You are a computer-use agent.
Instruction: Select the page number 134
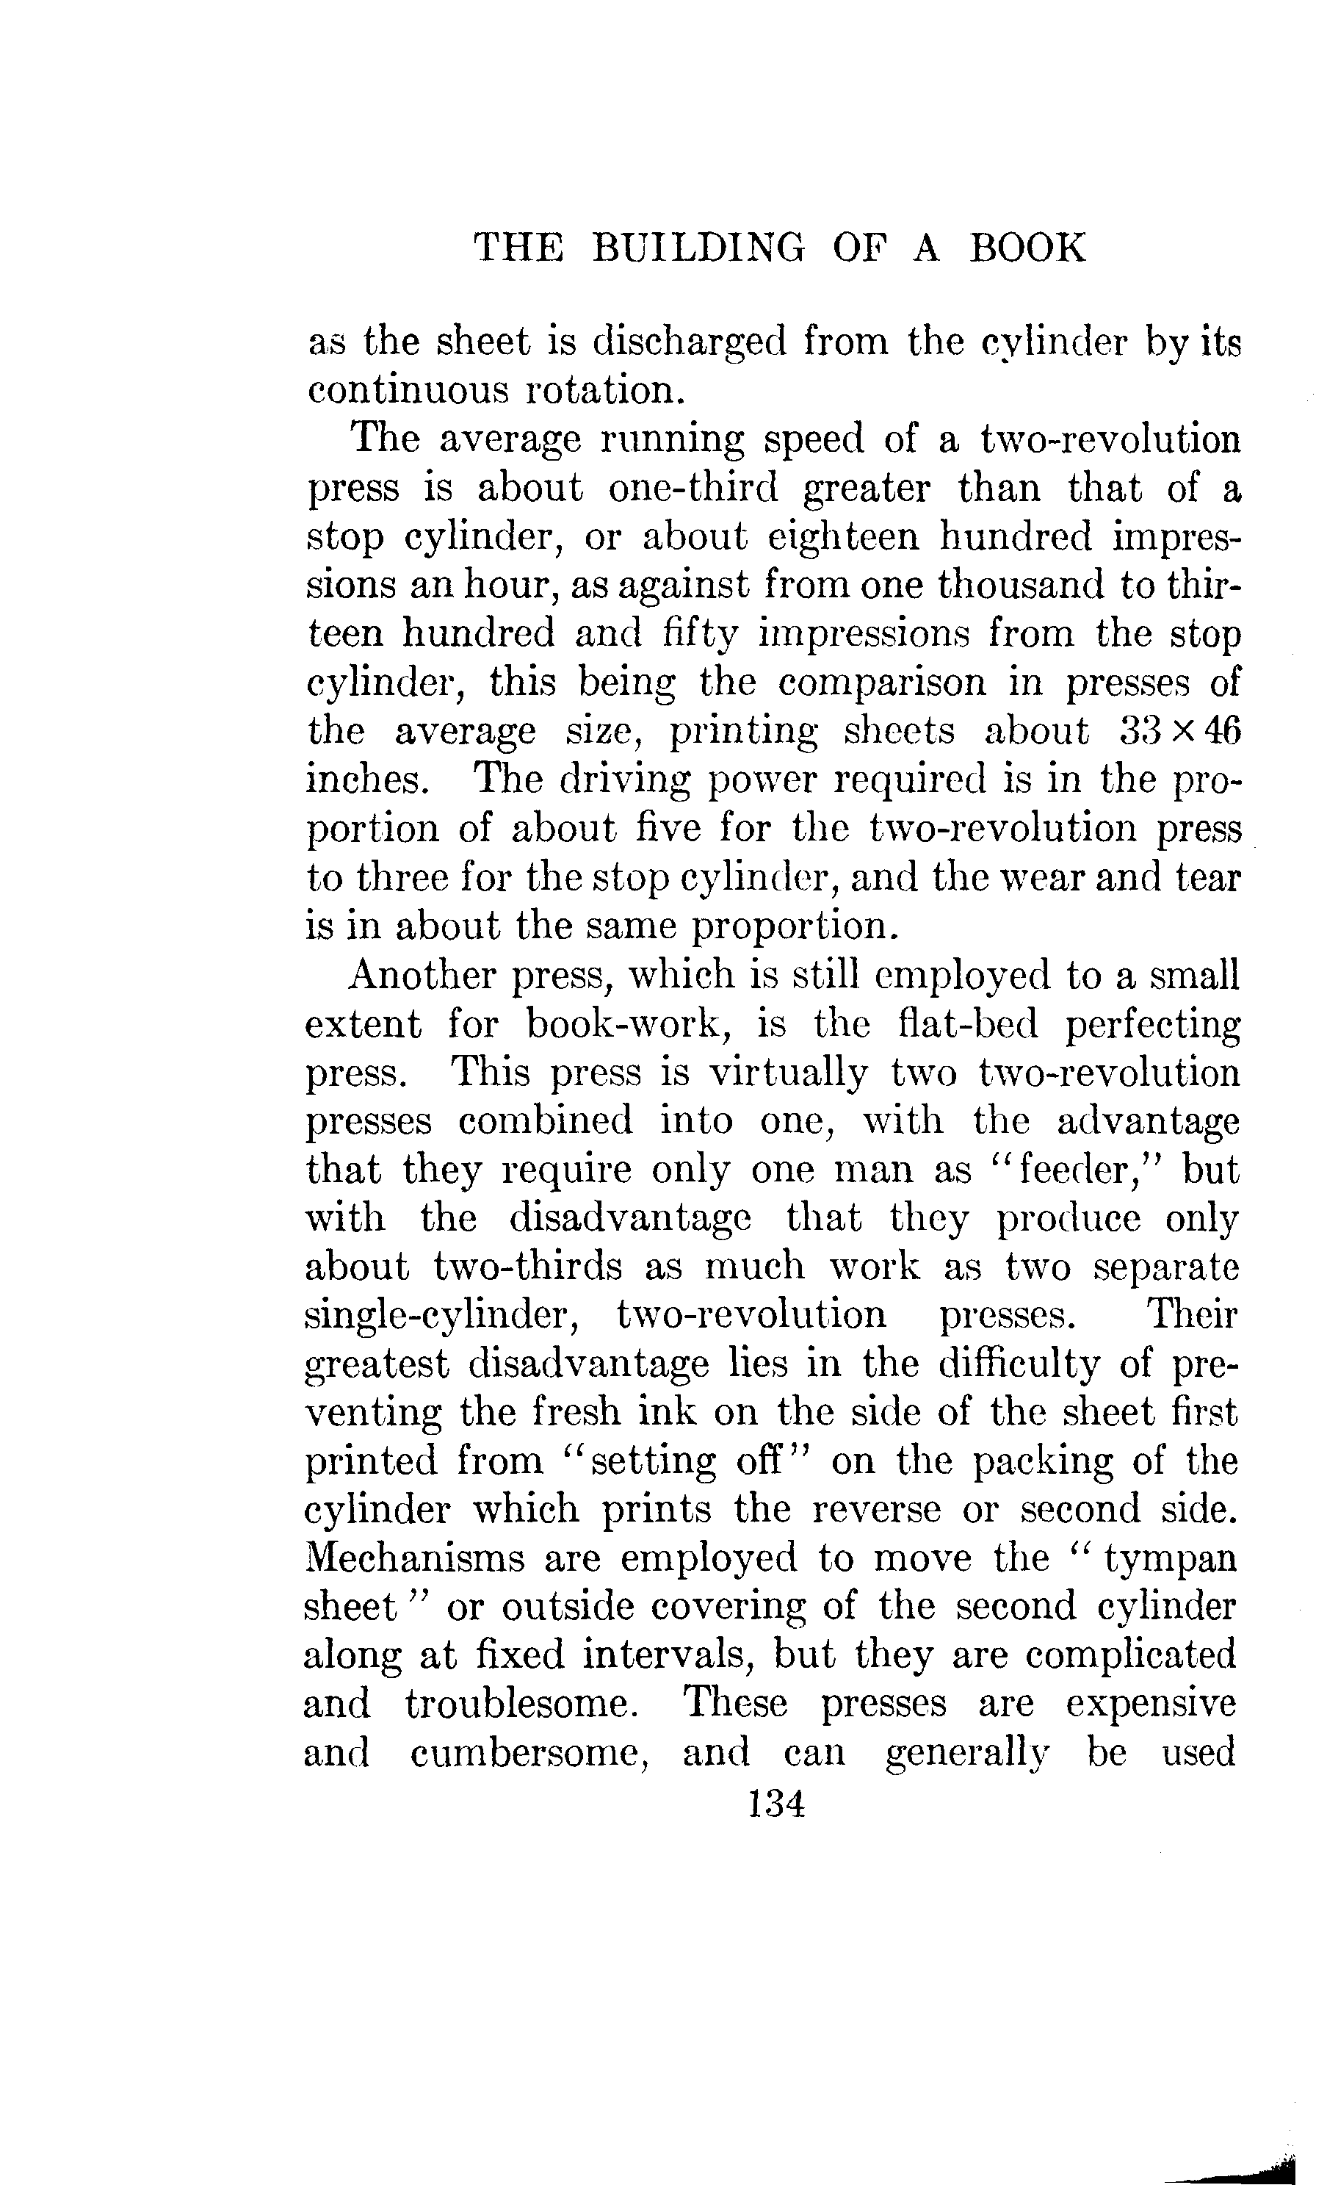(x=775, y=1803)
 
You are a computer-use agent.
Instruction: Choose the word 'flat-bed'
(x=967, y=1023)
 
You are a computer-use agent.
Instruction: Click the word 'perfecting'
(x=1151, y=1025)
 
